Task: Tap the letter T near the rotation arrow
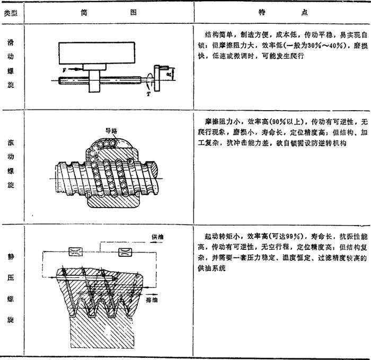click(x=148, y=93)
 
